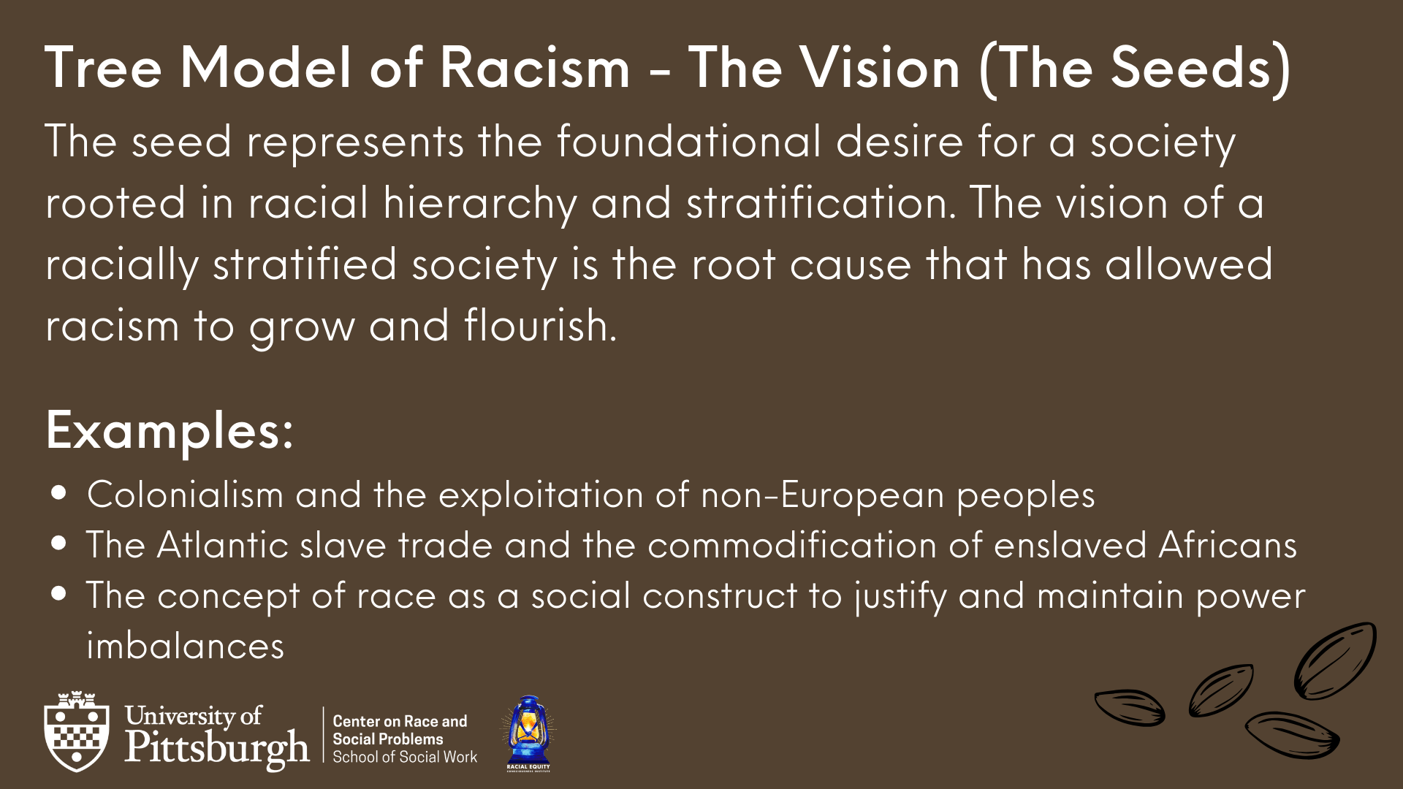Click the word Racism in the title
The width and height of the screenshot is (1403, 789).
[x=534, y=68]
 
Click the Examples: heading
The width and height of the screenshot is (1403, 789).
[x=170, y=431]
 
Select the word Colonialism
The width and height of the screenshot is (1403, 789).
[x=185, y=495]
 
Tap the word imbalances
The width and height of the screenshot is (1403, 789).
[x=185, y=646]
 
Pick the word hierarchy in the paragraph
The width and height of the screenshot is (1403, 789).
[x=480, y=204]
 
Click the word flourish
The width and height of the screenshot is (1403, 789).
[x=540, y=325]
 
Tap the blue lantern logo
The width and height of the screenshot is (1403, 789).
[x=528, y=733]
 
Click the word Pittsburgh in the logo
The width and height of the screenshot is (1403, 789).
[x=216, y=748]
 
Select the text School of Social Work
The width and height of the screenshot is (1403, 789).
[x=405, y=757]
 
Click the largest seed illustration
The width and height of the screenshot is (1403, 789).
[x=1335, y=660]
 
